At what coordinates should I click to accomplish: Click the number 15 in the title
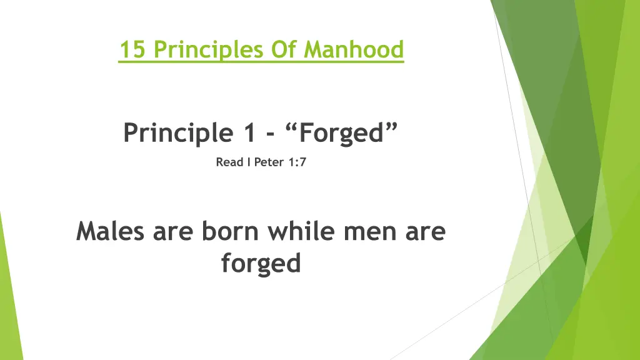coord(132,49)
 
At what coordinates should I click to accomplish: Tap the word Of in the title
coord(283,49)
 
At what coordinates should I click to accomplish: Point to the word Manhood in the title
coord(354,49)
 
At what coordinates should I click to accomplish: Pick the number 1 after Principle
coord(250,132)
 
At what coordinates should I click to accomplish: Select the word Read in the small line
coord(229,162)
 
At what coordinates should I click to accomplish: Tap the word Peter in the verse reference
coord(269,162)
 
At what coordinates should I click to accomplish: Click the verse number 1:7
coord(297,162)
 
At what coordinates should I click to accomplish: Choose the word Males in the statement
coord(110,231)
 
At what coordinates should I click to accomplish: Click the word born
coord(230,231)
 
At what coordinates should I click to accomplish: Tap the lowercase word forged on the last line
coord(261,264)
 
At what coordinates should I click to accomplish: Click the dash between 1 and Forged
coord(270,134)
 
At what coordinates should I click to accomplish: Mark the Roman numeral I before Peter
coord(249,162)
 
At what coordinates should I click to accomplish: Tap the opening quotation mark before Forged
coord(291,127)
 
